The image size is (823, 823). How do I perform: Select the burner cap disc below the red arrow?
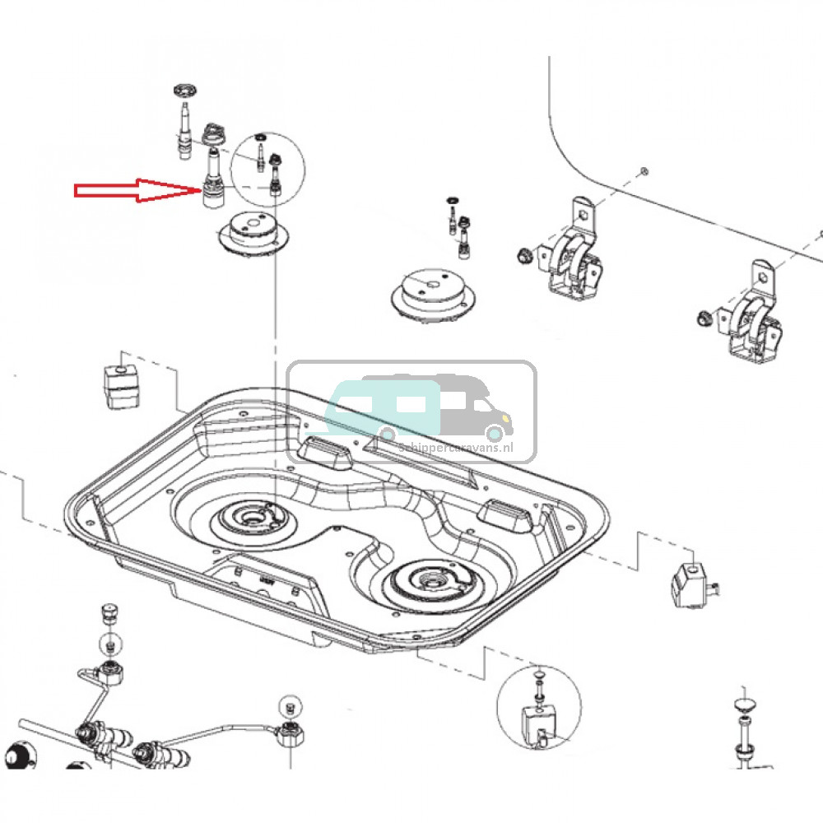253,235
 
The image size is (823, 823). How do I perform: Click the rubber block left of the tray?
121,384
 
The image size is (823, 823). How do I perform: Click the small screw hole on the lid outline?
644,171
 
